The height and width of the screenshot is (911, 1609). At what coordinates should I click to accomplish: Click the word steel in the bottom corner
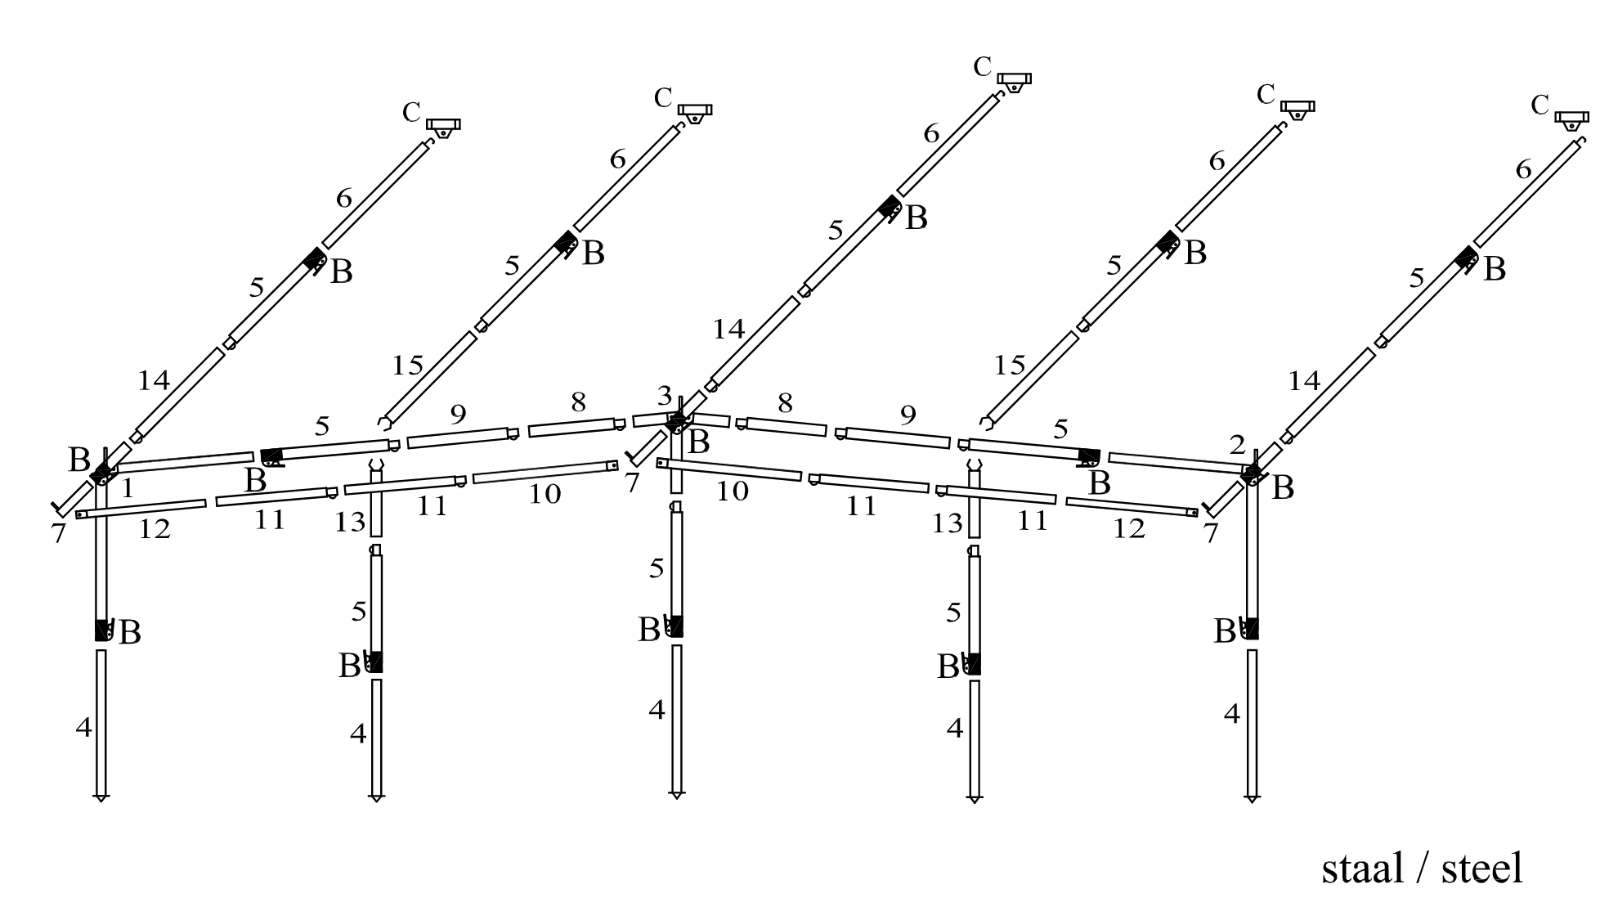1481,868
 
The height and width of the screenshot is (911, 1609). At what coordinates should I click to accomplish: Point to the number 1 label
127,489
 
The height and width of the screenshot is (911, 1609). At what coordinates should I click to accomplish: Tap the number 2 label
1237,445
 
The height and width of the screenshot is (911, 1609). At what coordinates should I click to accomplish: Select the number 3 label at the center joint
665,397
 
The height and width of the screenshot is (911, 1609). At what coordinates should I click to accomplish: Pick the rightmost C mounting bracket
1571,119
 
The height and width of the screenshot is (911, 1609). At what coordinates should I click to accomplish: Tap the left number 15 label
407,365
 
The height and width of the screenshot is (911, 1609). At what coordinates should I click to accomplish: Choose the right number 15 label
1009,365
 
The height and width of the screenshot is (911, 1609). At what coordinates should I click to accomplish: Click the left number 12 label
154,529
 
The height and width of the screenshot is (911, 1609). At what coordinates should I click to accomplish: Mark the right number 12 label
1128,529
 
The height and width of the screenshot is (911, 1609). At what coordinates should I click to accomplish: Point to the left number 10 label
545,494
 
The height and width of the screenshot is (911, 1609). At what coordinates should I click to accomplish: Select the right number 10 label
732,491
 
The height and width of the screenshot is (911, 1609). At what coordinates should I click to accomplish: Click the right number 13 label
948,523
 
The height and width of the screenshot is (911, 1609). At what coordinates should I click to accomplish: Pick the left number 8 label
579,402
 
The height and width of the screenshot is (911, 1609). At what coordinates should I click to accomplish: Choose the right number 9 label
908,415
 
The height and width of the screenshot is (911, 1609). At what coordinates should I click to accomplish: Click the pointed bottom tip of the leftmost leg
101,798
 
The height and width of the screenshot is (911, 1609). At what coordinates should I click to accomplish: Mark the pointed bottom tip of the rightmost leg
1252,799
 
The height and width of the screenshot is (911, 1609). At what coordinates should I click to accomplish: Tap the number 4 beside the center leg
657,710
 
